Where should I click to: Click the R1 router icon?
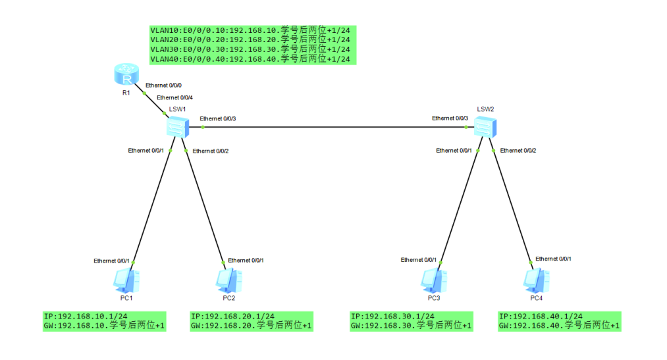point(126,75)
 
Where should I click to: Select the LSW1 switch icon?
point(177,126)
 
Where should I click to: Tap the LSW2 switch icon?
point(485,125)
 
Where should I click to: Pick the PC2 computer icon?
point(228,280)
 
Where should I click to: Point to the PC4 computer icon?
point(535,280)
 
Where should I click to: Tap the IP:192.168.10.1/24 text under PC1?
point(86,317)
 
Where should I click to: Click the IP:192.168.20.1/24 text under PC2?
point(232,317)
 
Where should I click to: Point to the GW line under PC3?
point(412,326)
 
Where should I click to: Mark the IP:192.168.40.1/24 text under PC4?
point(541,317)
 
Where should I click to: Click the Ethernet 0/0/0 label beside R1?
point(163,86)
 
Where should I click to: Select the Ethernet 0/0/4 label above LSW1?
point(174,97)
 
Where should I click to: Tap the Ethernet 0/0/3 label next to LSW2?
point(450,118)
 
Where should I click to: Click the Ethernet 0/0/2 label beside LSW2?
point(518,151)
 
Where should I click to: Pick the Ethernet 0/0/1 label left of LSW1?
point(146,151)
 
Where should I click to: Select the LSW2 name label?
point(485,109)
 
